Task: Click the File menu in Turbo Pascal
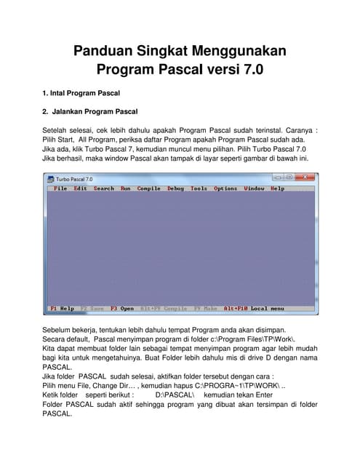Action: point(60,188)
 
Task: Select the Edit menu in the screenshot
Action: point(80,188)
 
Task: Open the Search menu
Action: point(104,188)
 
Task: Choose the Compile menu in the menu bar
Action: point(149,188)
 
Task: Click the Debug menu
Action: point(175,188)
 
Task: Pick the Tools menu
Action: point(199,188)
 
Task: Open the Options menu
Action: point(225,188)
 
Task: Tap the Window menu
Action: point(254,188)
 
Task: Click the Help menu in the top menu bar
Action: point(278,188)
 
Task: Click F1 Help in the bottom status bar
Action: point(62,308)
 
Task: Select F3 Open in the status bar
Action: point(122,308)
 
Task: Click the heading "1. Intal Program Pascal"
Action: point(81,94)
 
